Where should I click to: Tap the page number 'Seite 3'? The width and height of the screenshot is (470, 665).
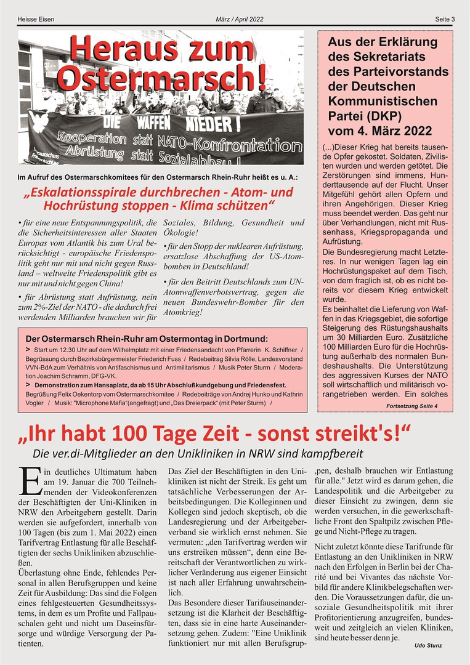click(445, 19)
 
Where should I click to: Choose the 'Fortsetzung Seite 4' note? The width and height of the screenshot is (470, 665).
click(411, 406)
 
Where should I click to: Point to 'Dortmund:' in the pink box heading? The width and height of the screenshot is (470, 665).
click(245, 339)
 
